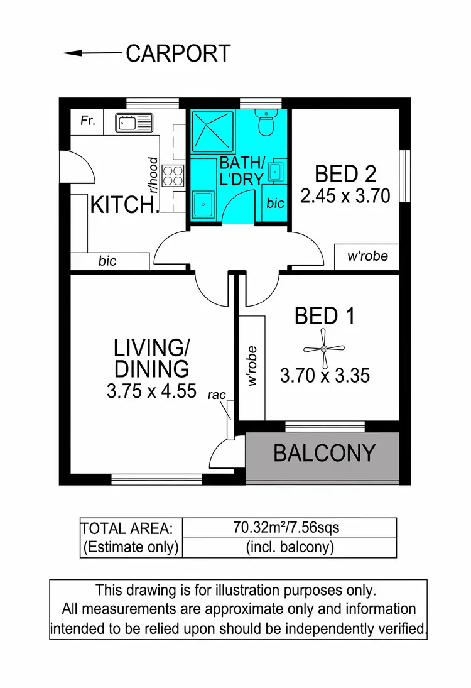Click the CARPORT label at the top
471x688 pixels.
178,54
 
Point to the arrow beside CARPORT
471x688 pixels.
91,54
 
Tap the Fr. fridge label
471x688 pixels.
88,121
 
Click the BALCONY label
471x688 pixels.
325,453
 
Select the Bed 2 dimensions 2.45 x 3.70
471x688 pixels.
345,197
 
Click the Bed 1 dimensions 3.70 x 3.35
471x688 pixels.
325,376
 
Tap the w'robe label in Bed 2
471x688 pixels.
368,256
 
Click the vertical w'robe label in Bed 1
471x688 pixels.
253,365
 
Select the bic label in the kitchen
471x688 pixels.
107,261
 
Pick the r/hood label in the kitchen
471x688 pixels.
151,174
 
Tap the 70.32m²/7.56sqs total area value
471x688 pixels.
289,527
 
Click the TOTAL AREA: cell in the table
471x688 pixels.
131,528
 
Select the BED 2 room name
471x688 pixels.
345,173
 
